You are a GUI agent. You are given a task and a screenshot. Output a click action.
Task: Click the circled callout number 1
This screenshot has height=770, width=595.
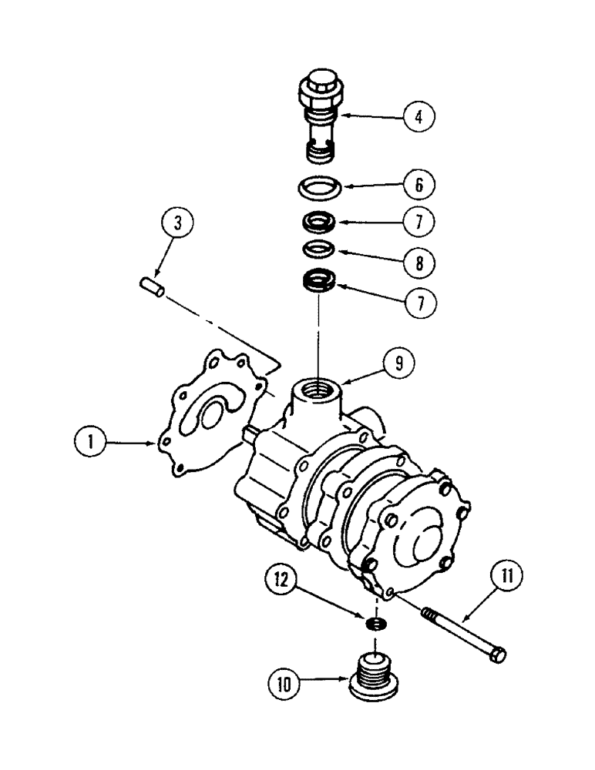(91, 444)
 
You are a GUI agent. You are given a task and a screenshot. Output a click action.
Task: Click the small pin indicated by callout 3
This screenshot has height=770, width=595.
(153, 287)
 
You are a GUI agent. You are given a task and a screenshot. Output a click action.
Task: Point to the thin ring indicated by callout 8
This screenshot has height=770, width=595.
(317, 249)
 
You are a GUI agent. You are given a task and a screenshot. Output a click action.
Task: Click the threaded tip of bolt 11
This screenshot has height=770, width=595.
(429, 615)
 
